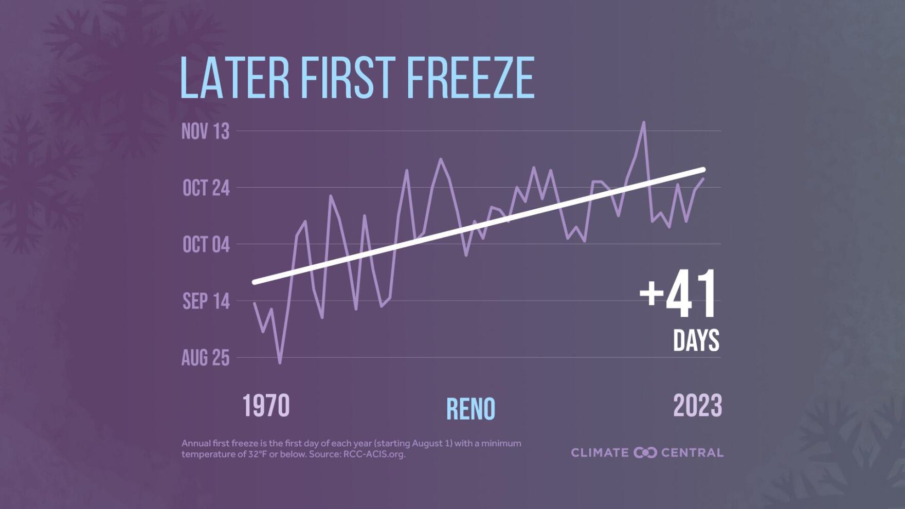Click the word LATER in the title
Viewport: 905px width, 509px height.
[234, 78]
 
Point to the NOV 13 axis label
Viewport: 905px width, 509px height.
[205, 132]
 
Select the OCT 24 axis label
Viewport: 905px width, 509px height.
[206, 188]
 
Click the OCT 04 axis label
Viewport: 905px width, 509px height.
[206, 245]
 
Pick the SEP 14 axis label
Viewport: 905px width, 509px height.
[206, 301]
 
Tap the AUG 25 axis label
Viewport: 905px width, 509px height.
[205, 358]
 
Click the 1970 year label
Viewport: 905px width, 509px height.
[266, 406]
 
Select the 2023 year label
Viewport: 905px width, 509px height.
[697, 406]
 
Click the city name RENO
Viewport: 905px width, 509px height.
[470, 409]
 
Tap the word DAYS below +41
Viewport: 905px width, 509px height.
[696, 340]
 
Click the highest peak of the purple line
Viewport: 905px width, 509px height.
[643, 123]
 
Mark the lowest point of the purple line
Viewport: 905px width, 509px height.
[280, 363]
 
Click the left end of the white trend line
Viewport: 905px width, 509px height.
[254, 282]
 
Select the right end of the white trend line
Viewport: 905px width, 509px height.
[703, 169]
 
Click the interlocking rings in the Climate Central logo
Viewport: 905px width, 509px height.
[645, 452]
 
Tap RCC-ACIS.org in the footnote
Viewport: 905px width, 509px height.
[374, 455]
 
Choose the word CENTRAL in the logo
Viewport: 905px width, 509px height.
[692, 452]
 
